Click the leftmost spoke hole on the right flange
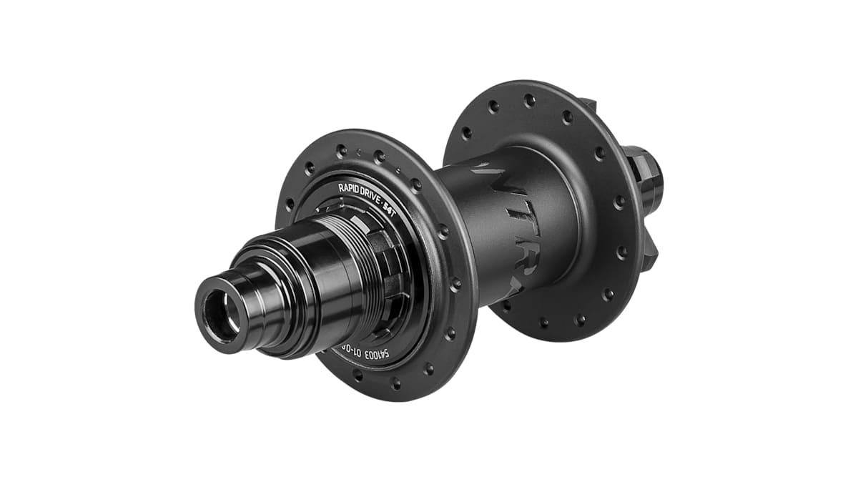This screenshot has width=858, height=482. coord(466,133)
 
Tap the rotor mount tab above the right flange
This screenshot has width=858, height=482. coord(588,107)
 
